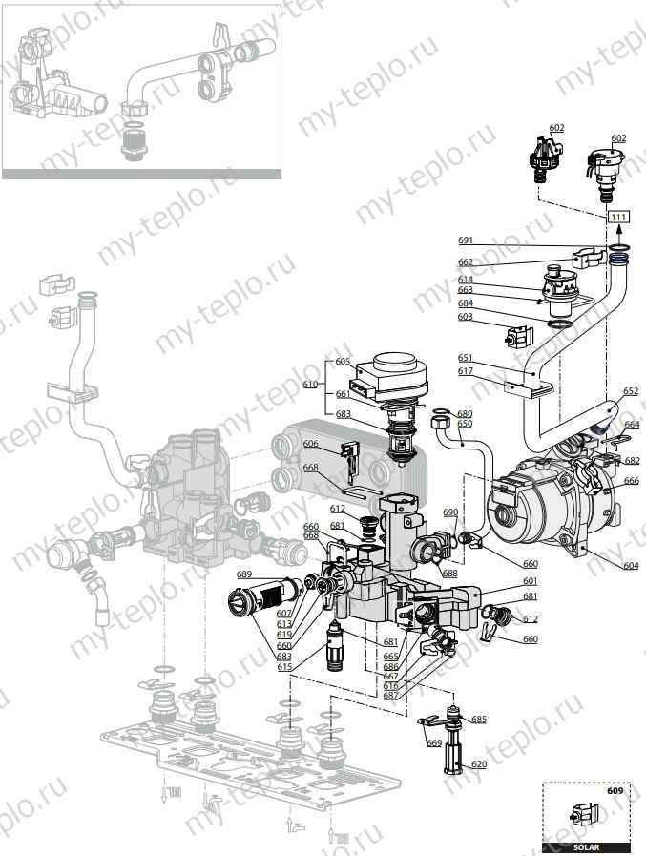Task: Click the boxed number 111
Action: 618,219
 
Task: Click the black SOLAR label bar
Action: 585,847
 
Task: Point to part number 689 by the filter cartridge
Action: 244,574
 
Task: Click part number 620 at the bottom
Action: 479,764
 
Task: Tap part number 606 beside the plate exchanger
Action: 310,445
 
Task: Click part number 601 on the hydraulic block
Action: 530,580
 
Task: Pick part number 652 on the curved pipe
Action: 631,391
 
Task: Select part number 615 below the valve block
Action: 284,666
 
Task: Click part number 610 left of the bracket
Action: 309,384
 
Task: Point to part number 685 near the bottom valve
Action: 479,719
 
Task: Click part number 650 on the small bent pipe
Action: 465,423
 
